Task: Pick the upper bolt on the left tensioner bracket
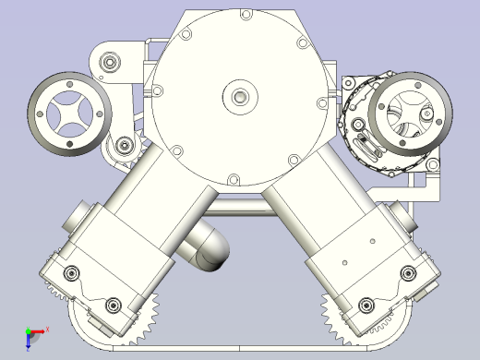click(111, 62)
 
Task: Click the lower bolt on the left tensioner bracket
click(124, 145)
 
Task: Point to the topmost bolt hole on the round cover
click(245, 15)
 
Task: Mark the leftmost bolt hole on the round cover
click(158, 90)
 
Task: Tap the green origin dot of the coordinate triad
click(28, 330)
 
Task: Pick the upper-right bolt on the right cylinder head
click(407, 271)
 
